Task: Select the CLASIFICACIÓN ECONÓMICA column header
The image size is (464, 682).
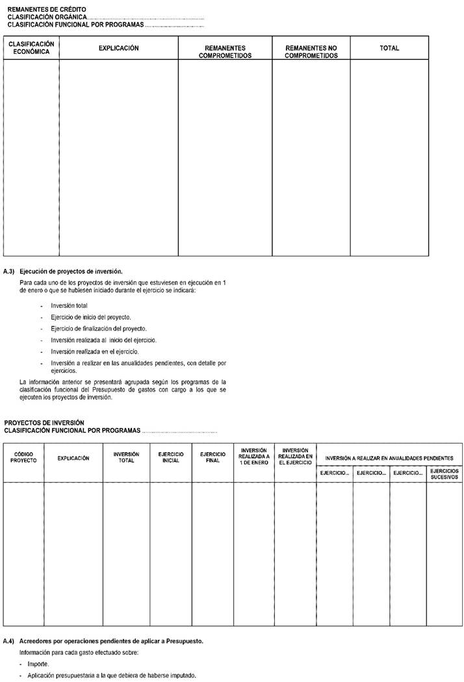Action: (31, 48)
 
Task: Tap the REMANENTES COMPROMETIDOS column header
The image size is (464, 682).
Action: (225, 52)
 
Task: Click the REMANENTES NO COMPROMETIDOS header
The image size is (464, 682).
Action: (311, 52)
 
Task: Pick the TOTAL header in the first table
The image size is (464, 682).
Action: (389, 48)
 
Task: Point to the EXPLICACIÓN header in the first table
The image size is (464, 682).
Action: (118, 48)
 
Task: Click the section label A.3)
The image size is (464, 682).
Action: (9, 270)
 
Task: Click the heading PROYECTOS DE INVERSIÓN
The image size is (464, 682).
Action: (44, 423)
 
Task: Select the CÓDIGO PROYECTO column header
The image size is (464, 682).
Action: (23, 457)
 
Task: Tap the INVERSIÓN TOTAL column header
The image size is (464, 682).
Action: (126, 457)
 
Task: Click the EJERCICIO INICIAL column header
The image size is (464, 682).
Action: (171, 457)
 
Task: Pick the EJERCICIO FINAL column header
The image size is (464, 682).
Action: (213, 457)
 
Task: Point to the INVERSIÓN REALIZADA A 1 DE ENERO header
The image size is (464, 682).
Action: (254, 457)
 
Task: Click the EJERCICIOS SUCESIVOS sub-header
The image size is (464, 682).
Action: (445, 474)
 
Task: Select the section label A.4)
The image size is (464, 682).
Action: (9, 641)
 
